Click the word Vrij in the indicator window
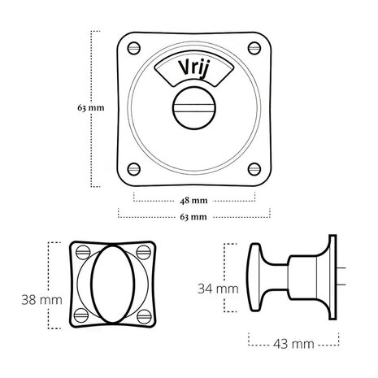193,68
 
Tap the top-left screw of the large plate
134,48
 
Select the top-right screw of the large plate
254,48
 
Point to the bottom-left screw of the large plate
134,169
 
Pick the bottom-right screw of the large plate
254,169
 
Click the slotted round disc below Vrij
194,108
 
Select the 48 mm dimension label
193,201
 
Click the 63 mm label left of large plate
91,108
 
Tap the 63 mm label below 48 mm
193,217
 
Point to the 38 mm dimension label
41,300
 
